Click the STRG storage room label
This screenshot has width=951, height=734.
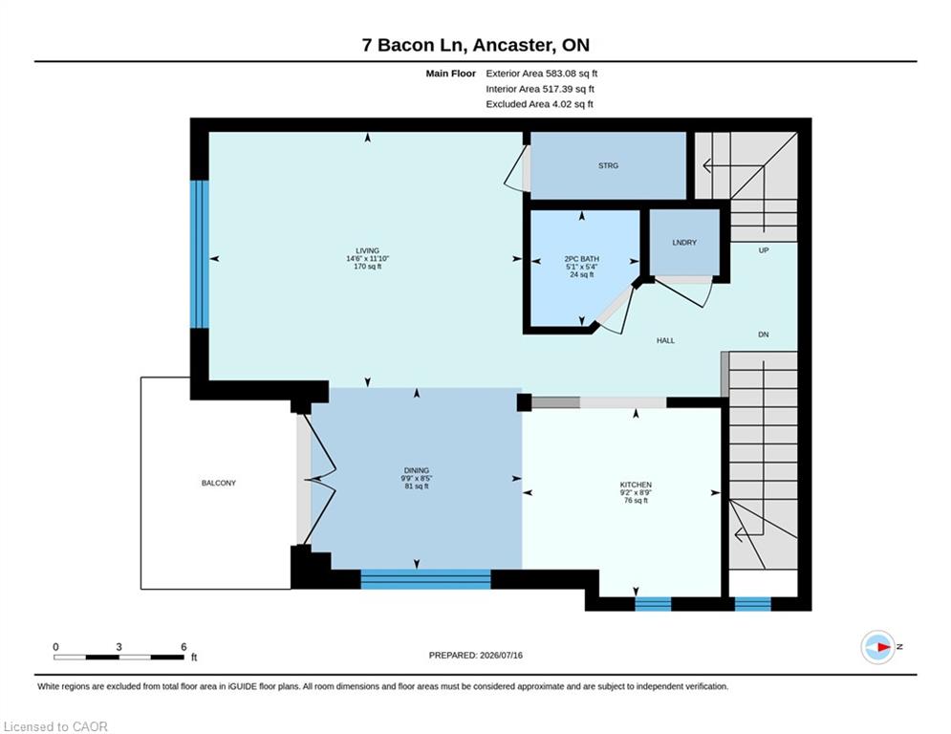pos(608,165)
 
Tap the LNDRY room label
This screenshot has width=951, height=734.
pos(684,243)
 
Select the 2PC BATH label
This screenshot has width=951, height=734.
pos(582,259)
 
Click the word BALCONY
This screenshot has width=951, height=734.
pos(218,483)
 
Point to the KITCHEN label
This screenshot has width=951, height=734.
pos(636,485)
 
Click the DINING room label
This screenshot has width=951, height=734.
pos(417,471)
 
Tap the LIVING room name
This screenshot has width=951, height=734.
pos(368,251)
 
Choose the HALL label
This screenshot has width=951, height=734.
pos(665,341)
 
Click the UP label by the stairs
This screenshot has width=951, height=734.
pos(764,250)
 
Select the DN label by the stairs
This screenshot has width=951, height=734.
pos(764,335)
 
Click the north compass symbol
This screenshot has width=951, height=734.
pos(878,647)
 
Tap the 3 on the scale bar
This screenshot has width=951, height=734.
pos(119,647)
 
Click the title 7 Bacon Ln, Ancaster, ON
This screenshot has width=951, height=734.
pos(476,45)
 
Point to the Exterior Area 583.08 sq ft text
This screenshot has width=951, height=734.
pos(542,74)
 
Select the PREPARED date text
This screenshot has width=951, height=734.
pos(476,655)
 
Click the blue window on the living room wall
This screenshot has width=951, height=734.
pos(200,254)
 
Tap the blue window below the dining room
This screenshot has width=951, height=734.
pos(425,579)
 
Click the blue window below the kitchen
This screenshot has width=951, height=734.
pos(653,604)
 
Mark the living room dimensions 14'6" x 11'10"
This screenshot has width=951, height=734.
pos(368,259)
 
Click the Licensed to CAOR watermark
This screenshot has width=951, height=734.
pos(55,726)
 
